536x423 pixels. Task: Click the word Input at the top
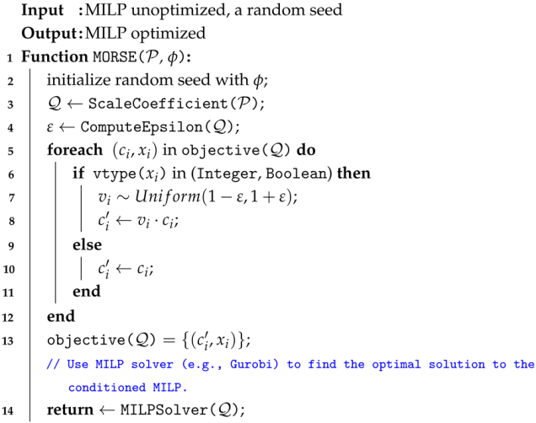[40, 12]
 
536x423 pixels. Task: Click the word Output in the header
[46, 34]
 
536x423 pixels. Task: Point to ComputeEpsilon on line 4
[130, 127]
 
